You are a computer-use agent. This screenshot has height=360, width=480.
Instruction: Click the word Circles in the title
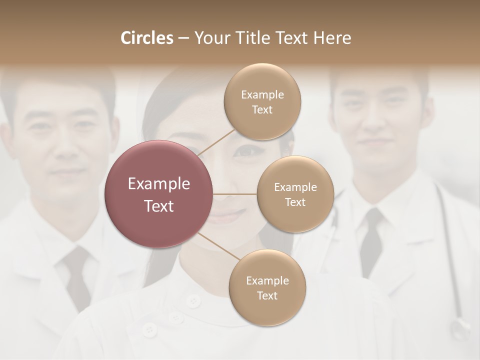146,38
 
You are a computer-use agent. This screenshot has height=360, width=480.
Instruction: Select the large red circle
159,194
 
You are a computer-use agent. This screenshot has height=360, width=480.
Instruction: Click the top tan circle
262,102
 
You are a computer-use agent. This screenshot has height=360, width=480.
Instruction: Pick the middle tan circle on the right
295,194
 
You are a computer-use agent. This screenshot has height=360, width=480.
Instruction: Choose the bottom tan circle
267,287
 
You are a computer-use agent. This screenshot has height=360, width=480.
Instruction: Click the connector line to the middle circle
235,193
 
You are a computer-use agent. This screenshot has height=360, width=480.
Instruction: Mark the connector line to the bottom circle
219,246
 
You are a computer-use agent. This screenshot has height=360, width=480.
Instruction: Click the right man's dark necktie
371,240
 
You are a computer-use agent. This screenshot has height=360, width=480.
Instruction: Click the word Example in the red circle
159,184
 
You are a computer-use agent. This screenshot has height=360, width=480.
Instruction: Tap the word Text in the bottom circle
267,295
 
